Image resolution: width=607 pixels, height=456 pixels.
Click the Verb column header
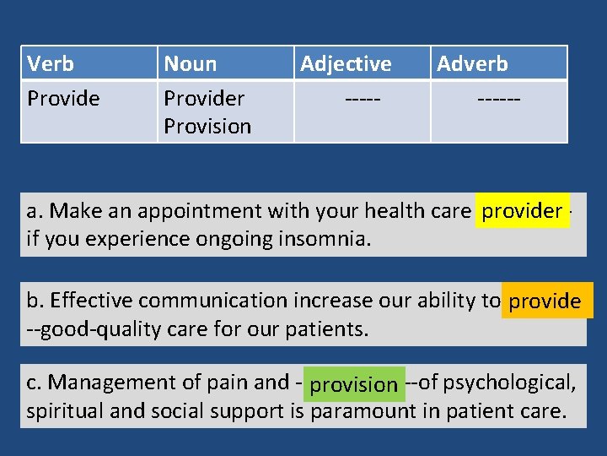coord(51,63)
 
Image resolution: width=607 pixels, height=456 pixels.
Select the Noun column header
coord(190,63)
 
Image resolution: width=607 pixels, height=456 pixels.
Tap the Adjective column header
coord(346,63)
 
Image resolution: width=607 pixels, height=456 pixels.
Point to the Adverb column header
coord(472,63)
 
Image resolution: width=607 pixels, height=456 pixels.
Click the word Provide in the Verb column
coord(63,99)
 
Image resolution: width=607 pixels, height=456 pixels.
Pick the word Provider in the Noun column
coord(204,99)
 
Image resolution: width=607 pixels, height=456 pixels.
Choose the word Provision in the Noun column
coord(207,127)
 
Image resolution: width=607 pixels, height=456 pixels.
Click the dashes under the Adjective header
coord(363,99)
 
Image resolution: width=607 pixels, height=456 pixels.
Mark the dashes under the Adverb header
coord(498,99)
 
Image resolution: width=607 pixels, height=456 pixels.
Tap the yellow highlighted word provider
coord(522,211)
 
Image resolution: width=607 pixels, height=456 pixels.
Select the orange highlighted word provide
coord(545,301)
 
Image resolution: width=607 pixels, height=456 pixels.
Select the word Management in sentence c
coord(99,383)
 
